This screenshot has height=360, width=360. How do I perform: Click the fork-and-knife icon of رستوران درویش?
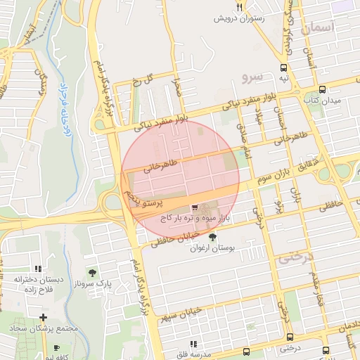(240, 7)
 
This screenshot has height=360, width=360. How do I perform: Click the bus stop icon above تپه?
(283, 68)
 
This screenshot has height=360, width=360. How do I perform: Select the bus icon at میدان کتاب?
(322, 89)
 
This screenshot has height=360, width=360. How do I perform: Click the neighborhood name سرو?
(252, 75)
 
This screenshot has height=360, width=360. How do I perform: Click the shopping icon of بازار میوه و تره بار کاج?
(195, 207)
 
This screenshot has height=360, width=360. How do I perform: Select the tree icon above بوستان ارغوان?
(212, 237)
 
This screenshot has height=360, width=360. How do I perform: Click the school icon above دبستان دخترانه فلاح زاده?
(38, 269)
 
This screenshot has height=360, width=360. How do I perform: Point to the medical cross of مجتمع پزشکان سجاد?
(44, 318)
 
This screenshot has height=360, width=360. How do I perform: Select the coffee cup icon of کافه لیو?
(56, 347)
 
